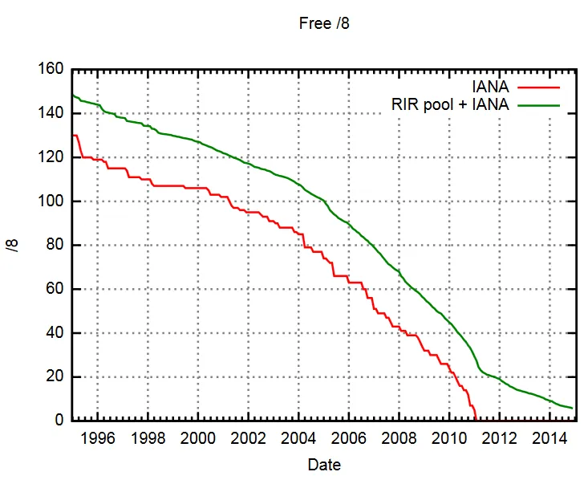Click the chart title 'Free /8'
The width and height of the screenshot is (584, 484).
(x=324, y=23)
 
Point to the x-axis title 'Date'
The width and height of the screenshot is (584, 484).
(x=324, y=465)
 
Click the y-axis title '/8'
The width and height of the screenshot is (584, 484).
(x=13, y=245)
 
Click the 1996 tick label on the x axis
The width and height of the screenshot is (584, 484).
(x=97, y=438)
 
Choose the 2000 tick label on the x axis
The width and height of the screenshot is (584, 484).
(x=197, y=438)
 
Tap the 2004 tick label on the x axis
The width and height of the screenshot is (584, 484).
(x=298, y=438)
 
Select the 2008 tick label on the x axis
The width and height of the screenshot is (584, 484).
(x=398, y=438)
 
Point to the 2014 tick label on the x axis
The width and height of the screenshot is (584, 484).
(x=549, y=438)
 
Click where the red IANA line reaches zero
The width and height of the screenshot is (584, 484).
(x=476, y=420)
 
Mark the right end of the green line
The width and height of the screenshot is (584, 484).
(x=573, y=409)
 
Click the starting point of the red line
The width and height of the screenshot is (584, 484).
(x=72, y=136)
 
